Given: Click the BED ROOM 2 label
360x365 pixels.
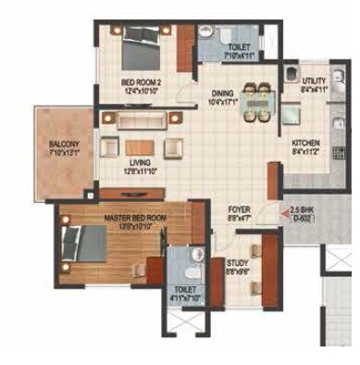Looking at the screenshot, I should pyautogui.click(x=142, y=82).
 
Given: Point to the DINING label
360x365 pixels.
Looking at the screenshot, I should pyautogui.click(x=221, y=92).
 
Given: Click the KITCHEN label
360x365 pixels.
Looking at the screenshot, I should pyautogui.click(x=305, y=144).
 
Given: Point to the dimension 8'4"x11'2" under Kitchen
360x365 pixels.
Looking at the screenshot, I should pyautogui.click(x=305, y=153).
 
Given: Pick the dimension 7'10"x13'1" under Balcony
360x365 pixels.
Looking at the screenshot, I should pyautogui.click(x=65, y=153).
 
